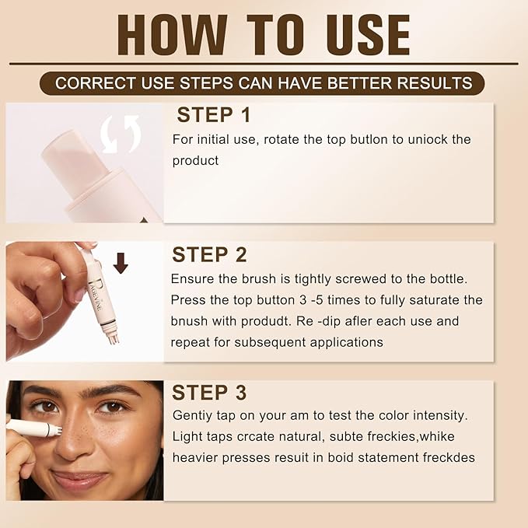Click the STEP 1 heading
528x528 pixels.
pos(214,115)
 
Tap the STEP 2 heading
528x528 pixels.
pos(210,255)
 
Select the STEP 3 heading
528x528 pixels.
pos(210,392)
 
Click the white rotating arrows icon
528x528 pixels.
pos(121,133)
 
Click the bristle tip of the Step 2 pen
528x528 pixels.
pos(113,337)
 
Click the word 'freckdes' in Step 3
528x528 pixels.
pos(446,457)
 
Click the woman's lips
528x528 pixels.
pos(79,481)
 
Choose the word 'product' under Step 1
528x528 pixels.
pos(196,160)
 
